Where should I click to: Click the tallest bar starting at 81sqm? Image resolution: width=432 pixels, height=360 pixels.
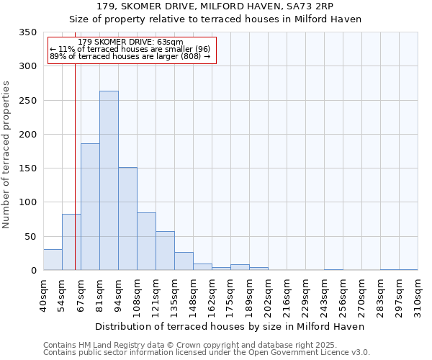point(109,181)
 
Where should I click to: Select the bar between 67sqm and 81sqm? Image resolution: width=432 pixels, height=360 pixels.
point(90,207)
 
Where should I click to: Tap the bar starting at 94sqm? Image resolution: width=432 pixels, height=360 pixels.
point(127,219)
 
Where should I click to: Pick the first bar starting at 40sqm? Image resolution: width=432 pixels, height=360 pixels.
point(53,260)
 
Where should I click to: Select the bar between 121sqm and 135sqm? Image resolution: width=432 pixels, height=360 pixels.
point(165,251)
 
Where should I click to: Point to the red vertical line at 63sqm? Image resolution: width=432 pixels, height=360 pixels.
point(75,166)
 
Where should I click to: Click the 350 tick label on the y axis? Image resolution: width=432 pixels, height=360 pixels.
point(27,32)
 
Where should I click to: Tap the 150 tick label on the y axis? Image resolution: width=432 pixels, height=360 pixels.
point(27,168)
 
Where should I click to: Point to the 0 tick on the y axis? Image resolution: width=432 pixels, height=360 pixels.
point(33,271)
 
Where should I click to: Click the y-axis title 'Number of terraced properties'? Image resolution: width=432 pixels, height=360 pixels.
point(6,155)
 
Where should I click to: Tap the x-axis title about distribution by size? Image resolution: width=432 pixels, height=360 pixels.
point(230,326)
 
